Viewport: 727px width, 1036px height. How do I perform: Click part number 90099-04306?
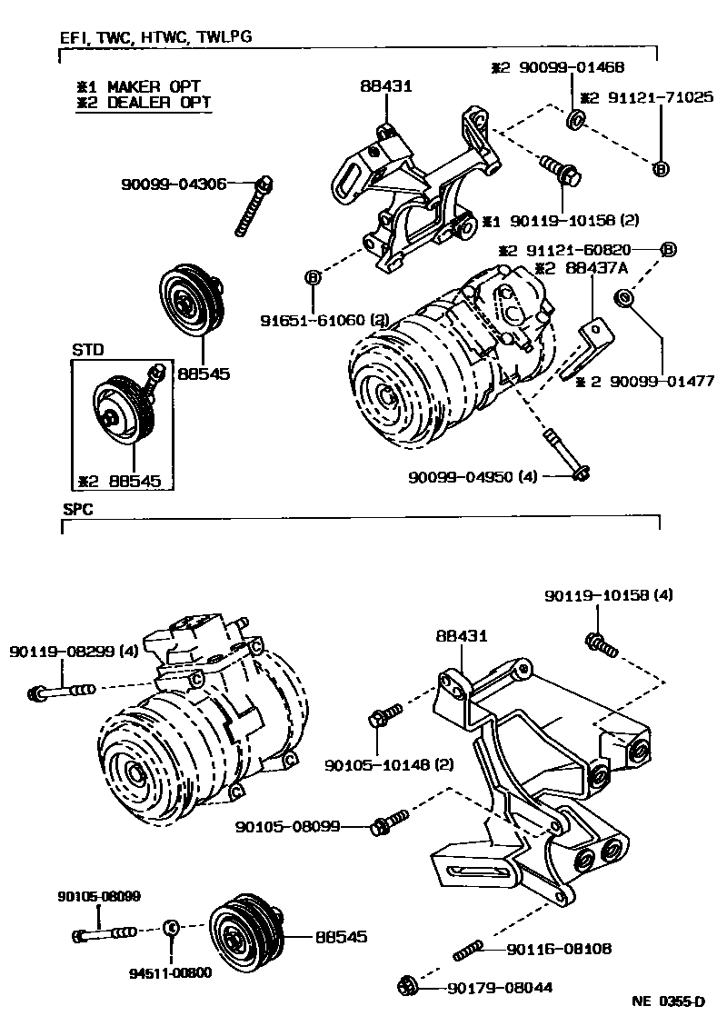click(173, 184)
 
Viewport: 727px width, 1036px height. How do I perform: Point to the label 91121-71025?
click(645, 97)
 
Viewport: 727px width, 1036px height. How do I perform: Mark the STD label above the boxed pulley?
click(88, 349)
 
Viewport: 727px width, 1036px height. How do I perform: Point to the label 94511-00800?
click(170, 971)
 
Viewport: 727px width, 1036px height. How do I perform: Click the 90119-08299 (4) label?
click(63, 652)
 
